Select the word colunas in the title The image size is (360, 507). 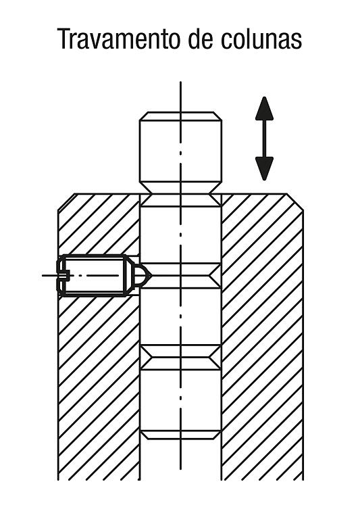(261, 39)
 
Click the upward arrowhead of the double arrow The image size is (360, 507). (264, 109)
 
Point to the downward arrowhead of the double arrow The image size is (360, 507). (264, 169)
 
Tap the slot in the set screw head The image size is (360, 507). (63, 276)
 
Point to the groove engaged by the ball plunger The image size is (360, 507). (180, 276)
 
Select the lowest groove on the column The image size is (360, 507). (180, 435)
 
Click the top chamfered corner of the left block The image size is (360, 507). (66, 201)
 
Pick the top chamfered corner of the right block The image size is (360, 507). (295, 201)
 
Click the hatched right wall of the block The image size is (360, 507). (263, 336)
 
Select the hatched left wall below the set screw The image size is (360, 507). (99, 388)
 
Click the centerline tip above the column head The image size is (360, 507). (180, 82)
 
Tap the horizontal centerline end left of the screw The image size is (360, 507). (43, 276)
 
